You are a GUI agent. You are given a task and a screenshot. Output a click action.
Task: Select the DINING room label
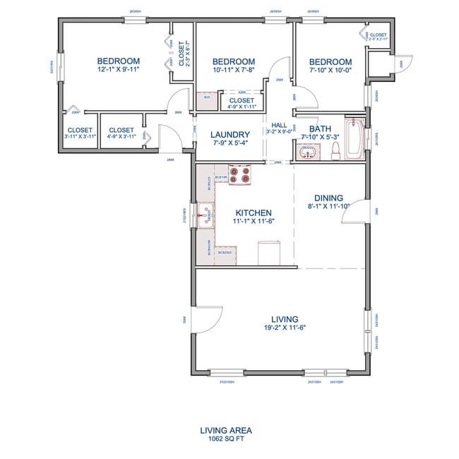tap(329, 198)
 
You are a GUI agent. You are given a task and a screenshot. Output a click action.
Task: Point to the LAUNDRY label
tap(231, 134)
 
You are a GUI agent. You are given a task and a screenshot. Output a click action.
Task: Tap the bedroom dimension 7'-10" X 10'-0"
tap(330, 71)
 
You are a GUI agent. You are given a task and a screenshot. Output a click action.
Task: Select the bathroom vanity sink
tap(308, 151)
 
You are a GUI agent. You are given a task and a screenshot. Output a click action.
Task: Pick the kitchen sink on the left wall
tap(205, 213)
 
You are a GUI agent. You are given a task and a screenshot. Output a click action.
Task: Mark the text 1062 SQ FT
tap(225, 439)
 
